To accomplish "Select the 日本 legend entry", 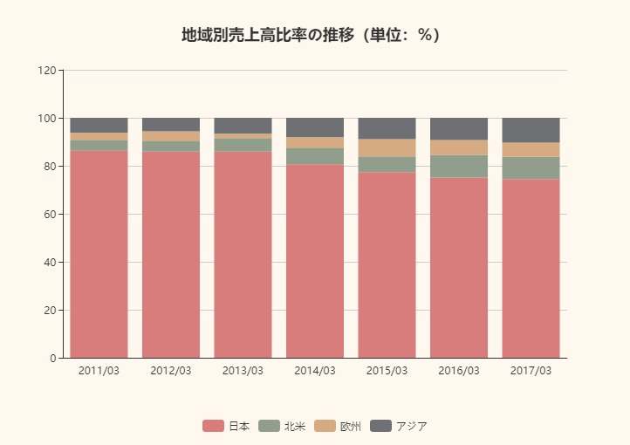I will click(227, 426).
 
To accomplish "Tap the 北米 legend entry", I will click(282, 426).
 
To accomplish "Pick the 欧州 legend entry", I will click(338, 426).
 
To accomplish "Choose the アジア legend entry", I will click(399, 426).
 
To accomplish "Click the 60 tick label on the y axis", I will click(50, 214).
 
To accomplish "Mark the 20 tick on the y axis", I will click(50, 310).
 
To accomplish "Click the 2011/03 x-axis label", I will click(99, 371).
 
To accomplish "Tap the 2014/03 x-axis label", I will click(315, 371).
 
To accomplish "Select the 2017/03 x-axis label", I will click(531, 371).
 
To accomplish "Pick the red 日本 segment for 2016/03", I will click(459, 268).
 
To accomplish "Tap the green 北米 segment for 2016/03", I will click(459, 167).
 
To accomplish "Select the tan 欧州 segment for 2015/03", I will click(387, 148).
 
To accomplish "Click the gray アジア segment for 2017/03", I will click(531, 130).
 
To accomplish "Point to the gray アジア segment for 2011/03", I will click(99, 125).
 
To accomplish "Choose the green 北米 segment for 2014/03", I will click(315, 156).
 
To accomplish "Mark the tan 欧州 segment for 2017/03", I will click(531, 150).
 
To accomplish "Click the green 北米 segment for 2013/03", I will click(243, 145).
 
